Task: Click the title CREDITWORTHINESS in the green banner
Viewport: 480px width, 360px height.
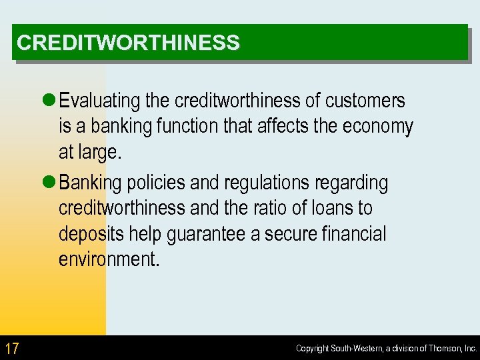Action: coord(128,43)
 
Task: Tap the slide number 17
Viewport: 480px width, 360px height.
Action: coord(11,348)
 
